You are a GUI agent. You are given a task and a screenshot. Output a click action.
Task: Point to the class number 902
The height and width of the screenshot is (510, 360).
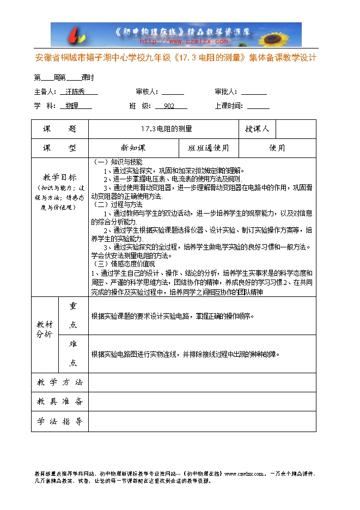(x=169, y=106)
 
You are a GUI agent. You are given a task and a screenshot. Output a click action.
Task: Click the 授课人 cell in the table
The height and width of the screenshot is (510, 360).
(x=257, y=129)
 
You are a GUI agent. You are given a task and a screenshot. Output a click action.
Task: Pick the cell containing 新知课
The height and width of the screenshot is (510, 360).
(x=133, y=148)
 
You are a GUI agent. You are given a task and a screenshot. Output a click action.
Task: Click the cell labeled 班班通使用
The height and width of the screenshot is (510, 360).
(x=209, y=148)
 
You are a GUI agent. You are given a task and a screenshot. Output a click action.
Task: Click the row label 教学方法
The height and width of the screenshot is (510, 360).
(x=60, y=382)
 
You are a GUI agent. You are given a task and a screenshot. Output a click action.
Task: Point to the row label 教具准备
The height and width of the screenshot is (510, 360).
(x=60, y=402)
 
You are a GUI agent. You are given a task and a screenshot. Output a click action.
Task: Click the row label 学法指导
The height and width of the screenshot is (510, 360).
(x=60, y=421)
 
